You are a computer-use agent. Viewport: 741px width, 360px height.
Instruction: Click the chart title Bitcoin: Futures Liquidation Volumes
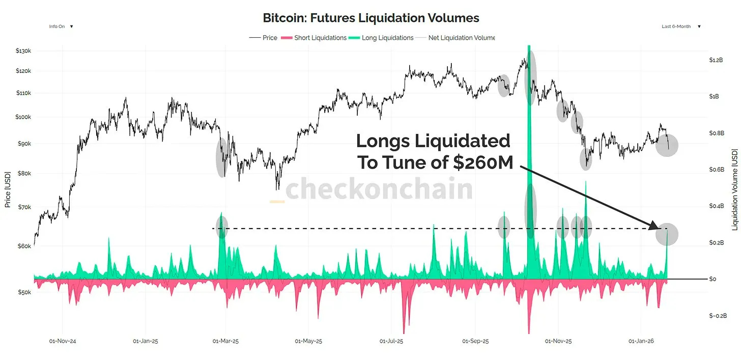click(x=370, y=18)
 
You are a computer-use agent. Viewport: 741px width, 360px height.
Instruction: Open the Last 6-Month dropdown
click(x=681, y=26)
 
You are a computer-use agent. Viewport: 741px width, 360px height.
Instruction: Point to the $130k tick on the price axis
click(x=23, y=51)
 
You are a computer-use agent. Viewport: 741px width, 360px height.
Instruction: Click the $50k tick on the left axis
click(x=23, y=293)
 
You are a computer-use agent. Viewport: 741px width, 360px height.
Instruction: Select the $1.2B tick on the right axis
click(x=716, y=60)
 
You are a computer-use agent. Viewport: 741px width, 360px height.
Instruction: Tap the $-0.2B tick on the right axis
click(x=718, y=316)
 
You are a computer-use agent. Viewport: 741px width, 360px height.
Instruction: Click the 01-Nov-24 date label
click(x=62, y=341)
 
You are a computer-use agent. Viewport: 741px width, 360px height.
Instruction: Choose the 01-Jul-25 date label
click(x=392, y=341)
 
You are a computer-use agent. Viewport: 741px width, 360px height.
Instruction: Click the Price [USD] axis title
click(x=8, y=189)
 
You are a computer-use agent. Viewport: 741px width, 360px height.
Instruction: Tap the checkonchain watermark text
click(x=379, y=189)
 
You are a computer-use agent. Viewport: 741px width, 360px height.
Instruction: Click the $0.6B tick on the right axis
click(x=717, y=170)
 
